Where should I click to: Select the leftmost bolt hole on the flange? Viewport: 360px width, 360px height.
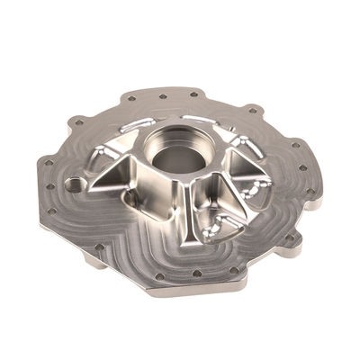tap(46, 163)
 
